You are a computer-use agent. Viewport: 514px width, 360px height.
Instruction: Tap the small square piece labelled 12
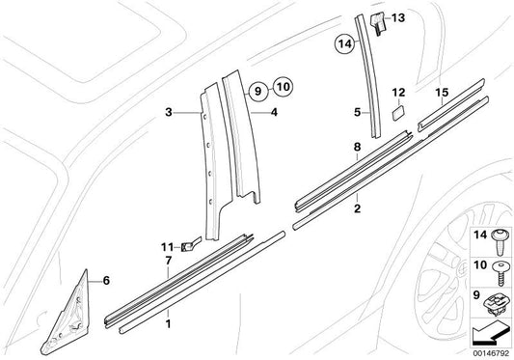(x=396, y=113)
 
